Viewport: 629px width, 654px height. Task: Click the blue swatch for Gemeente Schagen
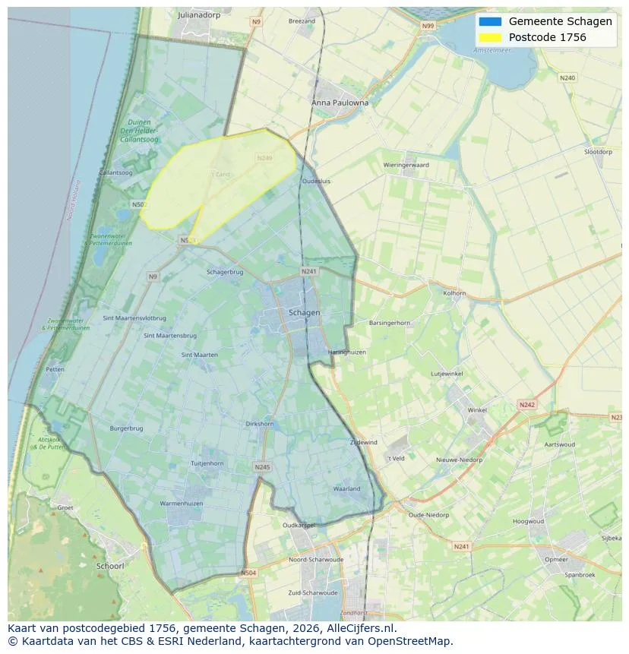click(490, 21)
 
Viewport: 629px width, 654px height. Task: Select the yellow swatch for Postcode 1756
click(490, 37)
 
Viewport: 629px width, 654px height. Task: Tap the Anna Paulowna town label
click(340, 103)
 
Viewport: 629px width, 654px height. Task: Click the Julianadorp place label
click(198, 14)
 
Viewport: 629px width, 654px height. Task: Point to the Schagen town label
click(304, 312)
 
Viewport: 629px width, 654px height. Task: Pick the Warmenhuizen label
click(180, 504)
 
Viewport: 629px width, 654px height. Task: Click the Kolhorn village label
click(454, 292)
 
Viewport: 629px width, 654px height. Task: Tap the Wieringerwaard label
click(406, 165)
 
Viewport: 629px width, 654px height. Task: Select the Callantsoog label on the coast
click(115, 173)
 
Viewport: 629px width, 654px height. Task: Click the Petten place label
click(55, 369)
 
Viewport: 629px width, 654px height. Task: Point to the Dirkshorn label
click(260, 424)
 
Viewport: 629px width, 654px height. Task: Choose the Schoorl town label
click(110, 566)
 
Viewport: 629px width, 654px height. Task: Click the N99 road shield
click(428, 26)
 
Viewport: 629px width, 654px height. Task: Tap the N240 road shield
click(567, 77)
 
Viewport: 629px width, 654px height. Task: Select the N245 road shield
click(262, 467)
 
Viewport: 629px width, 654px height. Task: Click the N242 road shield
click(526, 405)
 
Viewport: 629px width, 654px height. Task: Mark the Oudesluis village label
click(316, 182)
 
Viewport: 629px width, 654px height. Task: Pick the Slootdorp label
click(597, 152)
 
